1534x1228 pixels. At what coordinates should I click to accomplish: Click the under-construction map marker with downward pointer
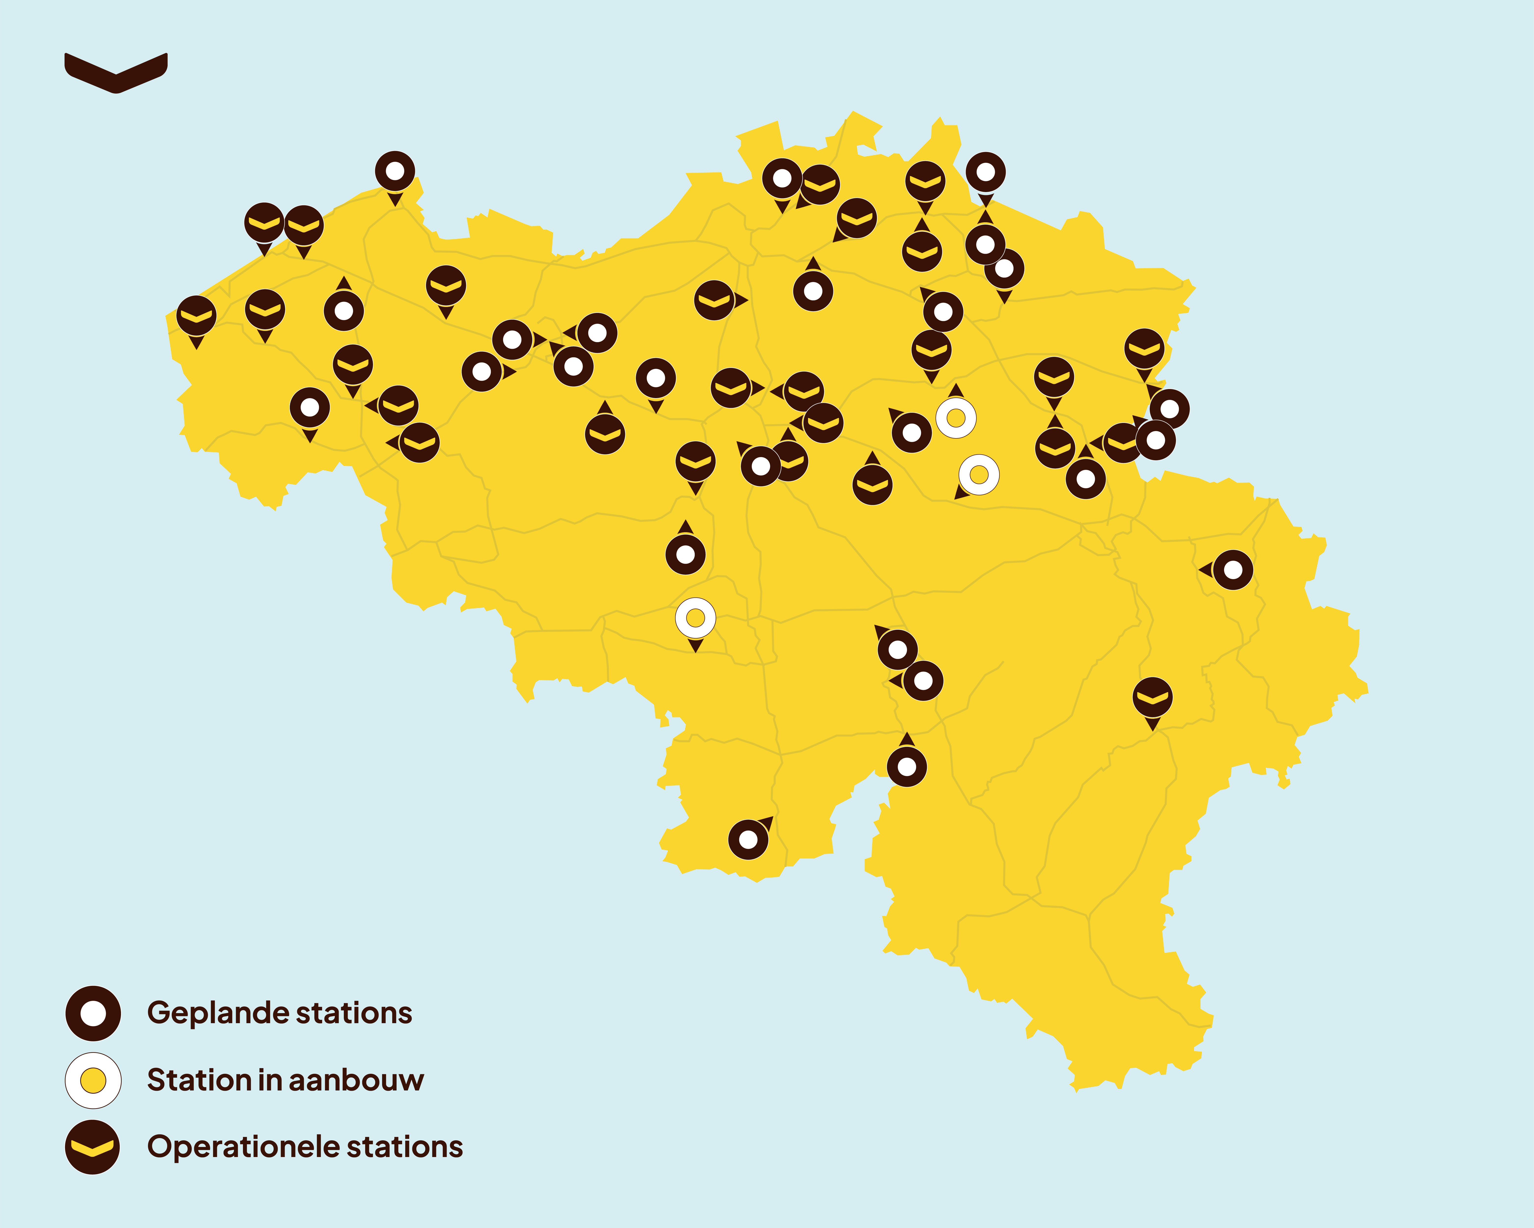coord(695,618)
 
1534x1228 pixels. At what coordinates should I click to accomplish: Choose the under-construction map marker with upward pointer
coord(956,417)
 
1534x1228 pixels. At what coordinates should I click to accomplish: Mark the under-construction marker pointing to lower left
coord(979,475)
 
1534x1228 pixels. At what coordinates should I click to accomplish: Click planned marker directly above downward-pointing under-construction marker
coord(685,555)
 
